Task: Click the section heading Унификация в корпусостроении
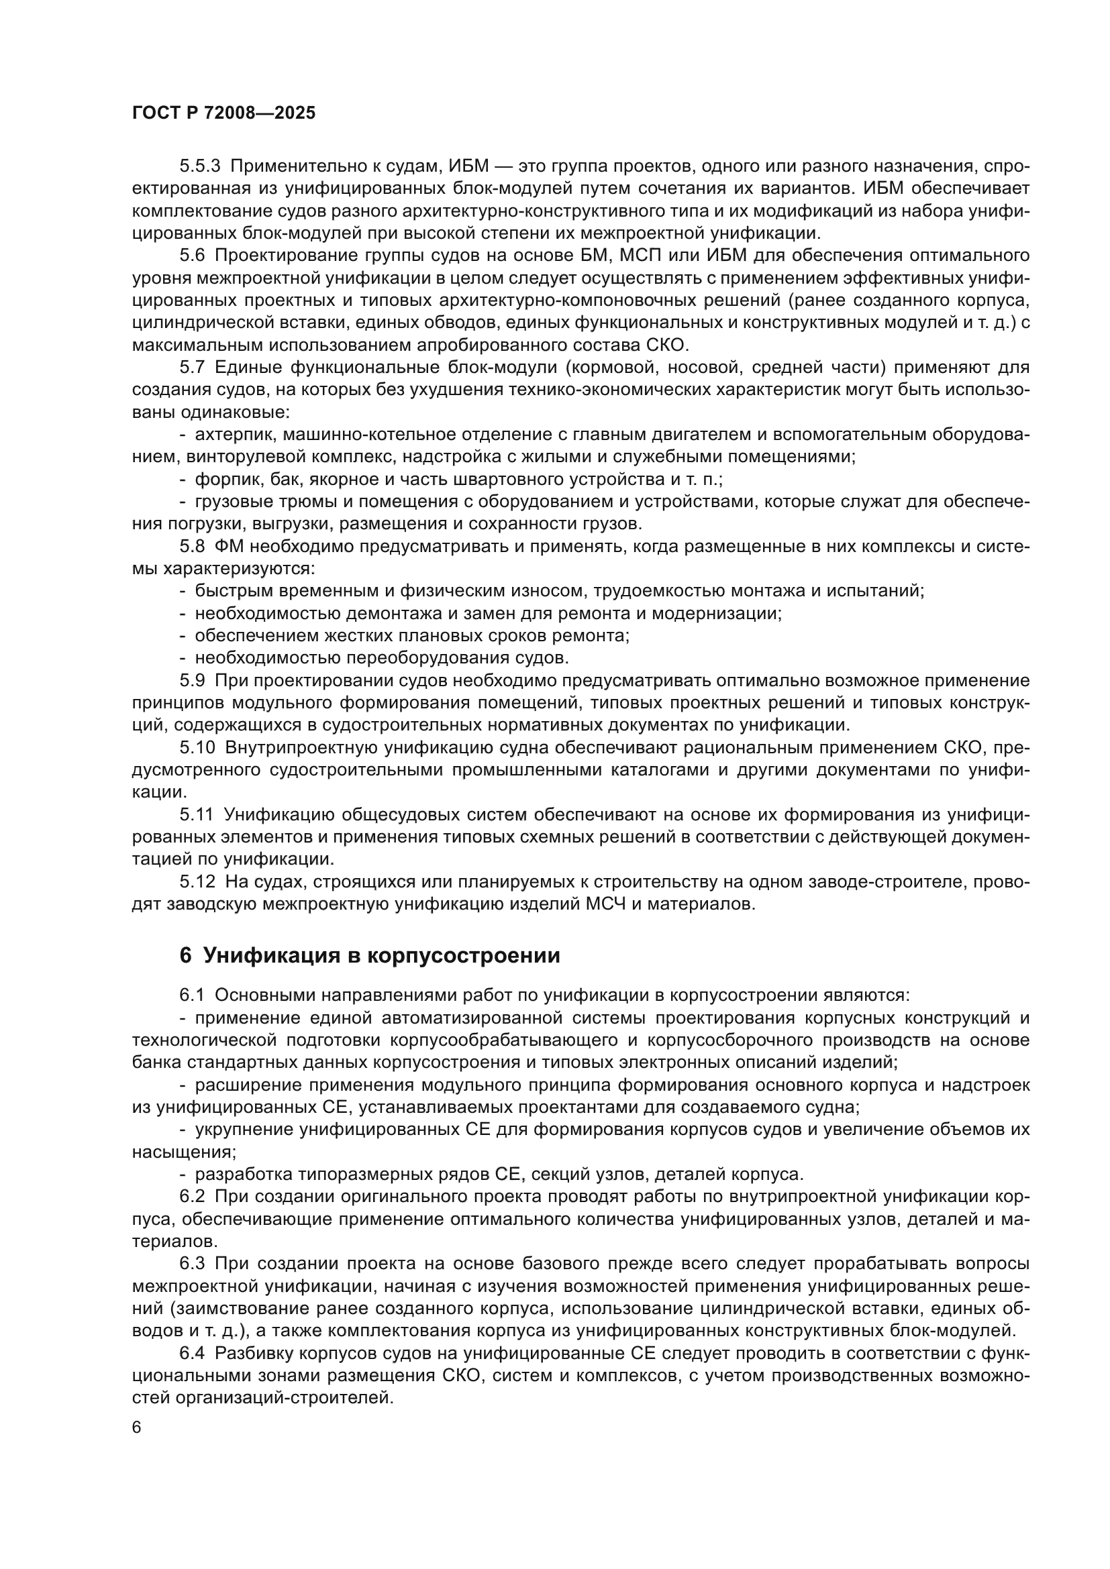[x=370, y=955]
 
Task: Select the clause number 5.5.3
[x=200, y=166]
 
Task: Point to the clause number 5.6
[x=192, y=256]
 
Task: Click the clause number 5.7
[x=192, y=368]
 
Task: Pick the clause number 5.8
[x=192, y=547]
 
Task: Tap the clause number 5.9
[x=192, y=681]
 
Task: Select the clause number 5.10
[x=197, y=747]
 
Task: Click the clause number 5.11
[x=197, y=814]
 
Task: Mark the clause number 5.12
[x=197, y=881]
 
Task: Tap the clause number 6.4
[x=192, y=1353]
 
